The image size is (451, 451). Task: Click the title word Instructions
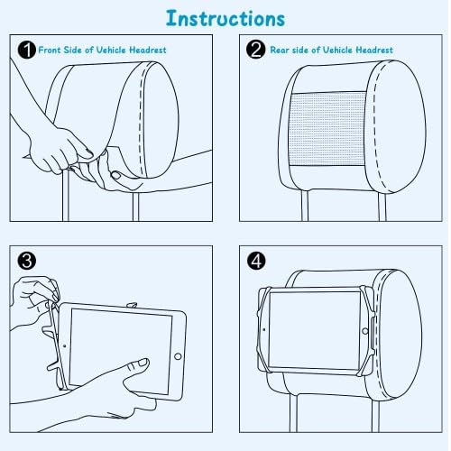tap(225, 18)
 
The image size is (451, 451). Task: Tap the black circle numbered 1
tap(27, 50)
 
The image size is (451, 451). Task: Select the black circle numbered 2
tap(256, 50)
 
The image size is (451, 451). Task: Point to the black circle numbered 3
tap(27, 261)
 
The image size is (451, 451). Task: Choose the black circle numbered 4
tap(256, 261)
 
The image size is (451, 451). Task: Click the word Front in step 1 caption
tap(50, 50)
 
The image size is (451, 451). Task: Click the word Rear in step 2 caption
tap(280, 50)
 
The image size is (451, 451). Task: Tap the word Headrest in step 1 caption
tap(148, 50)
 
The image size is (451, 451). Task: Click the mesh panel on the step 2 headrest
tap(327, 129)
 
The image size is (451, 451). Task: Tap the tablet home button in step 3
tap(178, 356)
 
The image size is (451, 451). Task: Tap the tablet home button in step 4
tap(365, 331)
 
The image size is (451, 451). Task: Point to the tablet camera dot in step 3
tap(65, 345)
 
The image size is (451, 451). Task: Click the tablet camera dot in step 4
tap(264, 329)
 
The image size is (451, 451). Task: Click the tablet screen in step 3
tap(121, 351)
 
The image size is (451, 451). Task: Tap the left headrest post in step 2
tap(305, 206)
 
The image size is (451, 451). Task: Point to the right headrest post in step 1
tap(136, 207)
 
